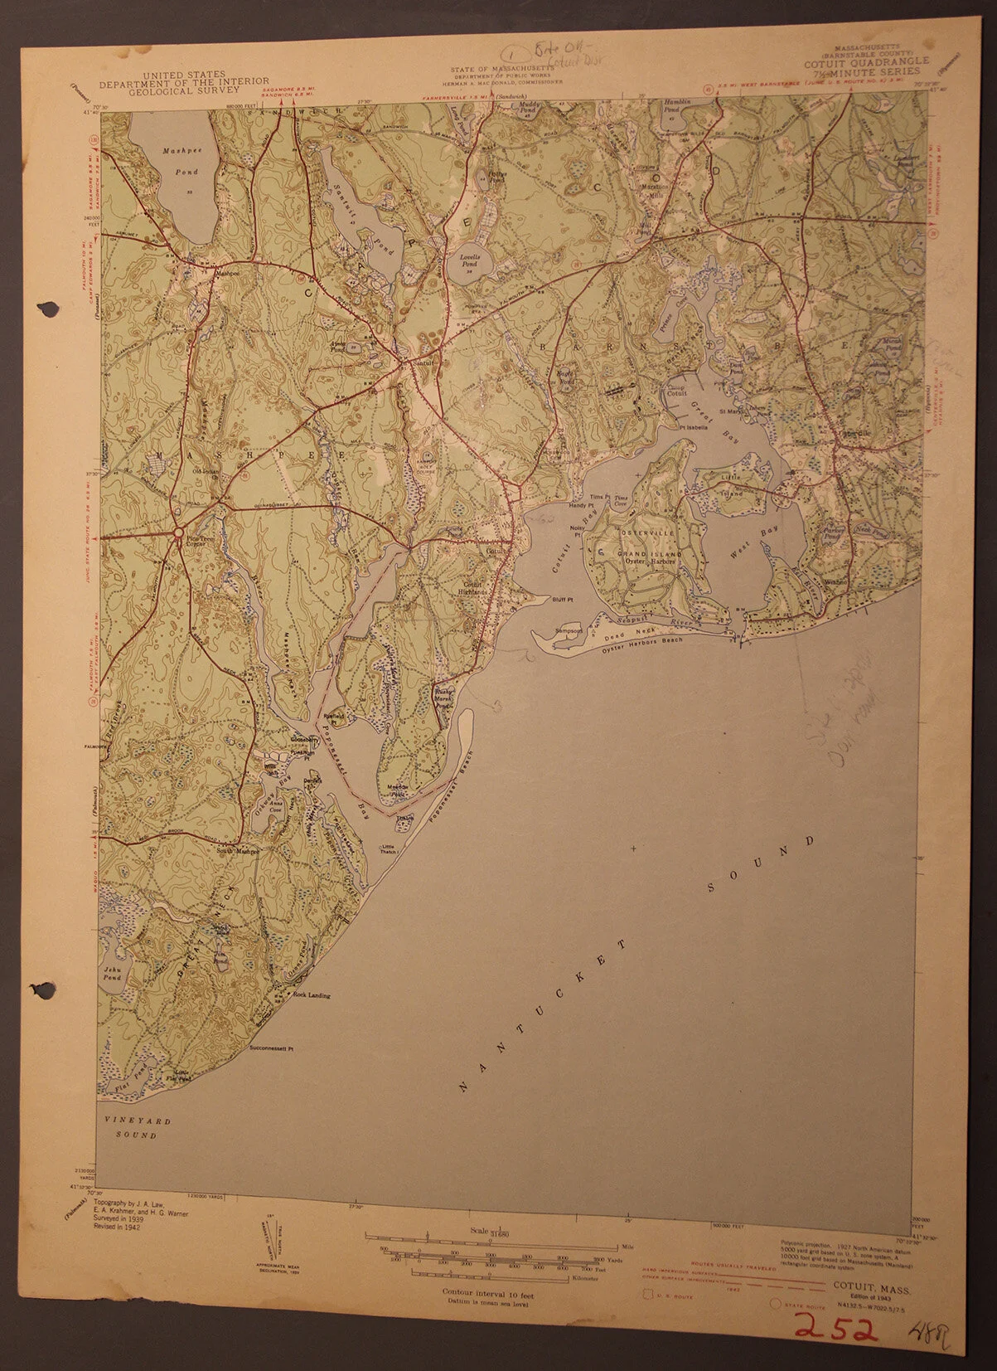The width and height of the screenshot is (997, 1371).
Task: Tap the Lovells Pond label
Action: coord(472,262)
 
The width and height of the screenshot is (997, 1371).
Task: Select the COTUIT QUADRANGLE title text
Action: coord(866,61)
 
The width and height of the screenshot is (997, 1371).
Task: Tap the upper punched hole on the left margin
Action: coord(48,309)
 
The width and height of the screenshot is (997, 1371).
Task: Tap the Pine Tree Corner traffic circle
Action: coord(179,532)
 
